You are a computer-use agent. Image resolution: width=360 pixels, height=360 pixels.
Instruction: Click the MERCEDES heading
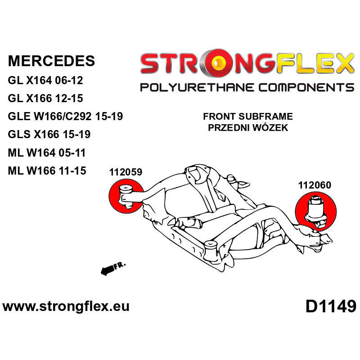51,61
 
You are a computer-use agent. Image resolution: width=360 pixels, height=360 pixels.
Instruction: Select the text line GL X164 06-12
45,81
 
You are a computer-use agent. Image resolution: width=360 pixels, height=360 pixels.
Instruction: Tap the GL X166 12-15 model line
45,98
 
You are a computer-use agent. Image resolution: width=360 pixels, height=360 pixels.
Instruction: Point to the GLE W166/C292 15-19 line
65,116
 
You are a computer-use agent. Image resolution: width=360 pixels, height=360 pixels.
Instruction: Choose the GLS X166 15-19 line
49,134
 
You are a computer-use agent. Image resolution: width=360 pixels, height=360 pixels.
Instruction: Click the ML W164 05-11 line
47,153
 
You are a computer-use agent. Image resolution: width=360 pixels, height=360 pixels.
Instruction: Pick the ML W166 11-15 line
47,171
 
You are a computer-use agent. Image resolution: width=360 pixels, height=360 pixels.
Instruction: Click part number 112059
126,172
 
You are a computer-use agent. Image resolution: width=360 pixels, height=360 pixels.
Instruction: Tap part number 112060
315,185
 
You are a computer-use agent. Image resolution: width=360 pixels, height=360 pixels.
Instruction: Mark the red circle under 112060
316,211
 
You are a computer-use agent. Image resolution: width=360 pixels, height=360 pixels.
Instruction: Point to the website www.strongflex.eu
66,306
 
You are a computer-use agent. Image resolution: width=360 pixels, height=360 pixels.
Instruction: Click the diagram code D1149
331,306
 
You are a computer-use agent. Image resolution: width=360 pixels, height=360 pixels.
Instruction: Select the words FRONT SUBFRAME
248,117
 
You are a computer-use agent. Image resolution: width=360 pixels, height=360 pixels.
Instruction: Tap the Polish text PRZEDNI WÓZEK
248,127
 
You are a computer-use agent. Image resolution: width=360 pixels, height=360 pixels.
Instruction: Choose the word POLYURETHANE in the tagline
197,87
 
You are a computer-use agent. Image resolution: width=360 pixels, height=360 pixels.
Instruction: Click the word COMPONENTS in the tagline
306,87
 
